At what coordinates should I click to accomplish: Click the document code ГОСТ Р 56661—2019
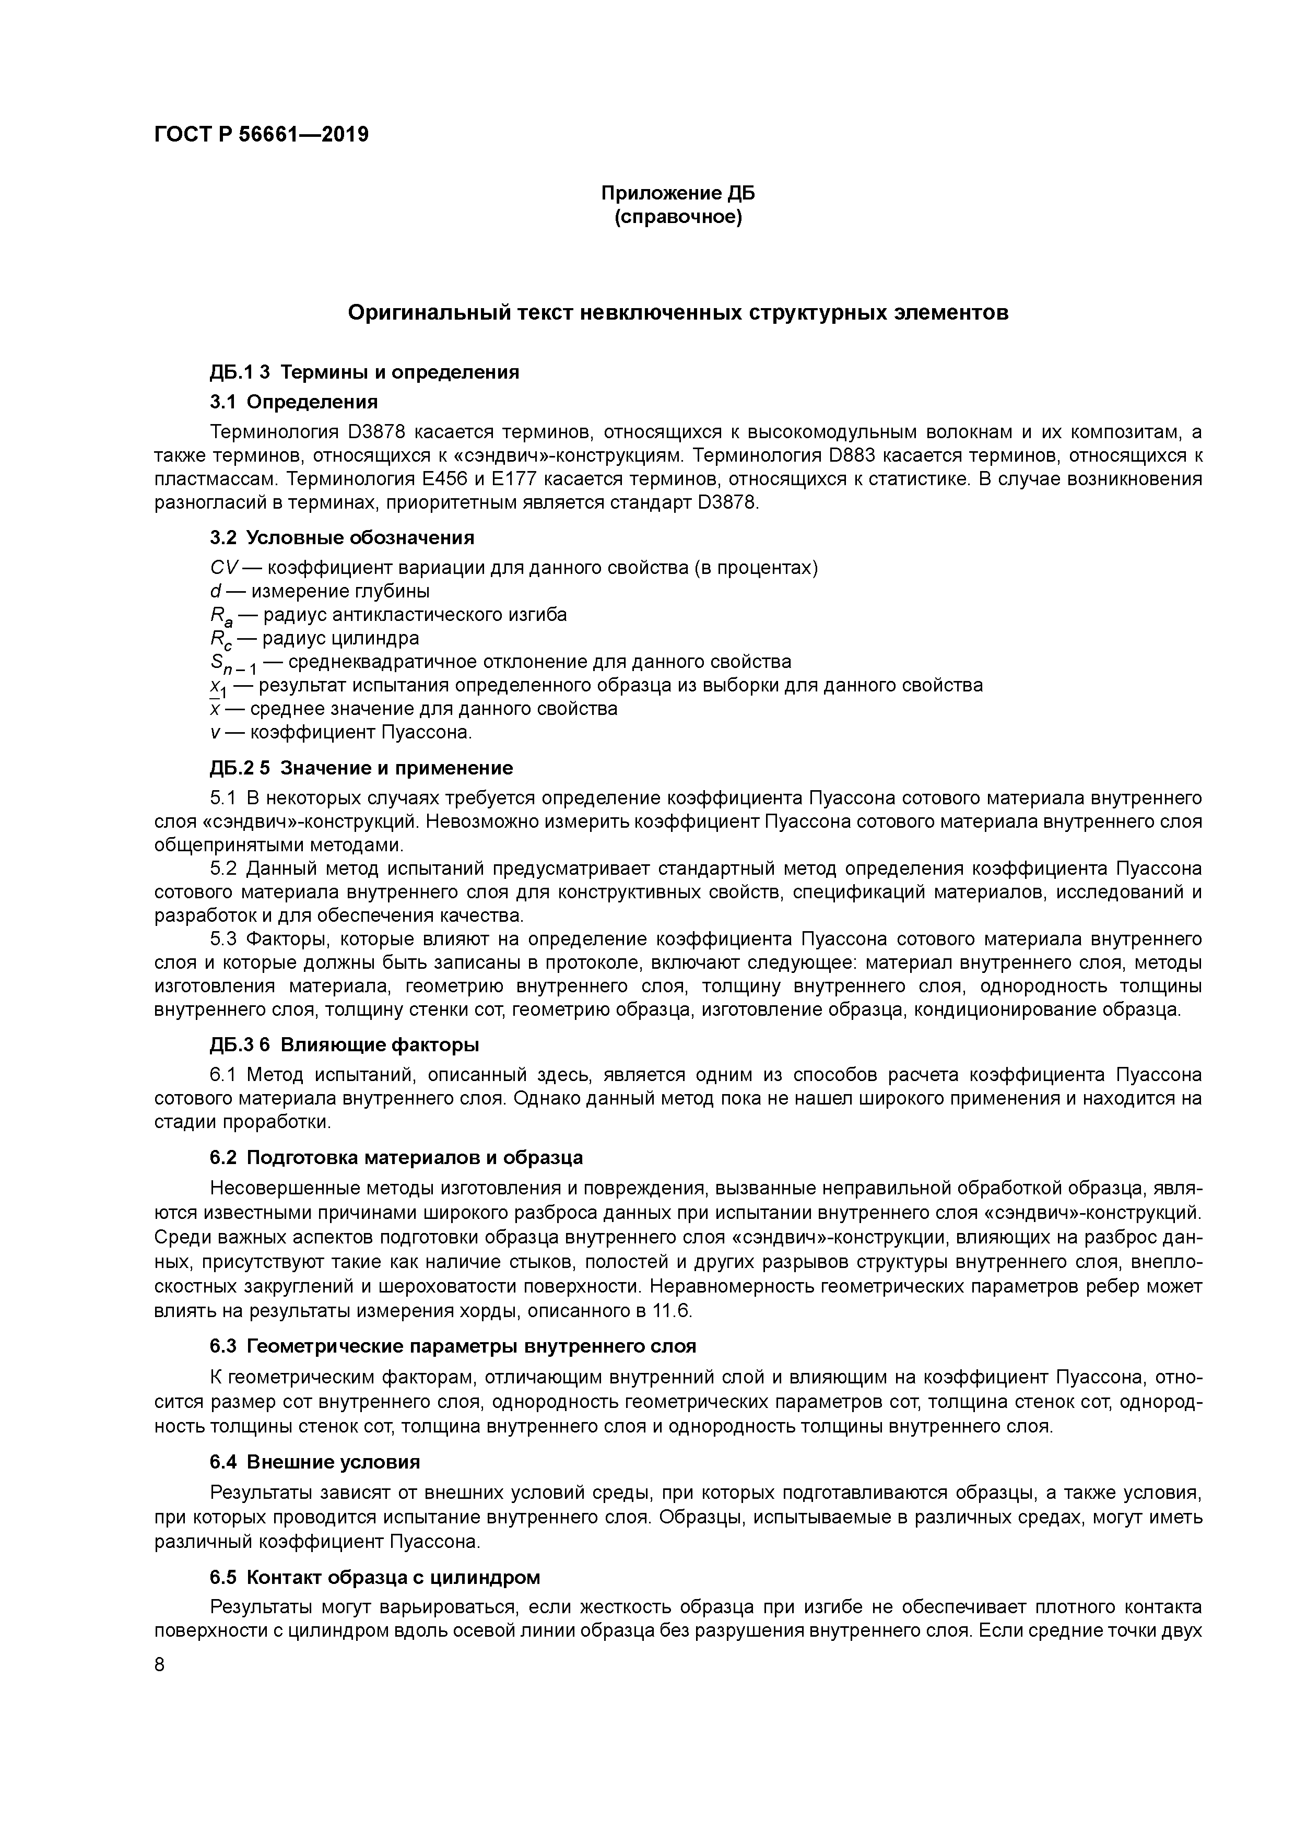[x=262, y=135]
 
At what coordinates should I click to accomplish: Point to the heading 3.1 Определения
[x=293, y=402]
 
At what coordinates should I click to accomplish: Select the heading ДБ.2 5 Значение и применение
[x=361, y=768]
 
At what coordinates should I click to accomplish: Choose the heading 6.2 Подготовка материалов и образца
[x=396, y=1158]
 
